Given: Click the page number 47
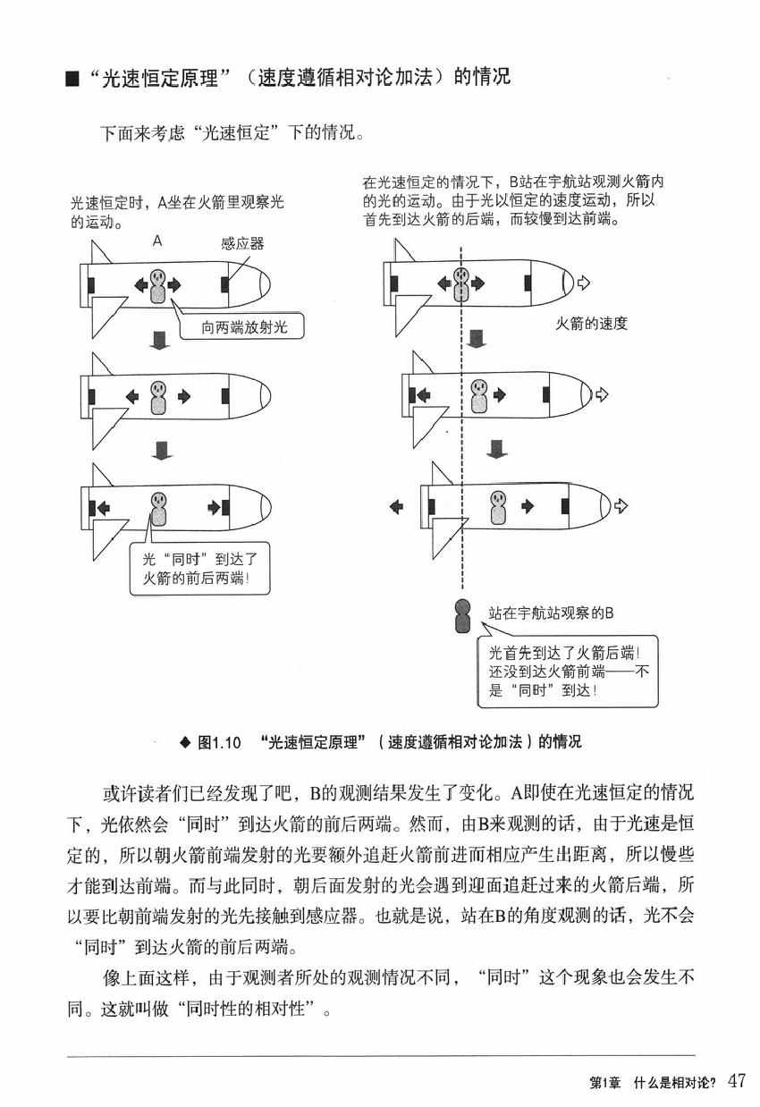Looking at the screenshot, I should (736, 1080).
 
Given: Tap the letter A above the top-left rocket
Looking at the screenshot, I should (157, 241).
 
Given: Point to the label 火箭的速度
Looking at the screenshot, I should (592, 324).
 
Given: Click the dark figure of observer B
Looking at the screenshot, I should (462, 615).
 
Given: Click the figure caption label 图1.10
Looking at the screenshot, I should (218, 742).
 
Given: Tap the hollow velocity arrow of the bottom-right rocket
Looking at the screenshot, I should (621, 507).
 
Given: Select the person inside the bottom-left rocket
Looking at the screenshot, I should (158, 507).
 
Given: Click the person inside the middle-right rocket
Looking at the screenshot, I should (477, 395).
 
